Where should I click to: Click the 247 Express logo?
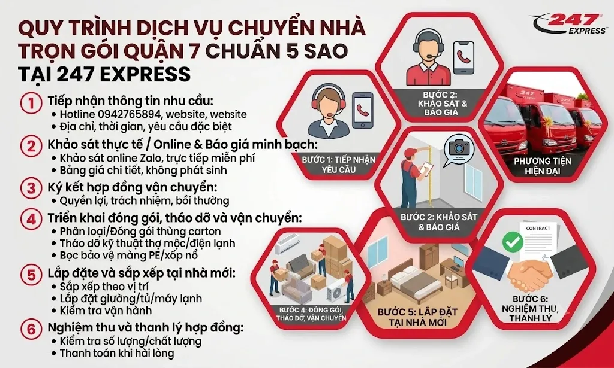[568, 23]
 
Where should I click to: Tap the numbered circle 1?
[31, 104]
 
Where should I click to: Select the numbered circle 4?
[31, 219]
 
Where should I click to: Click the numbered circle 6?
[31, 329]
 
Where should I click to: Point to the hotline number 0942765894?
[130, 114]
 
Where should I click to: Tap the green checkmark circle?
[513, 242]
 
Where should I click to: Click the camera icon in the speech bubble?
[456, 148]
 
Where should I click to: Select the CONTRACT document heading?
[538, 228]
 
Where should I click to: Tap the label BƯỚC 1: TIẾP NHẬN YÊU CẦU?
[339, 165]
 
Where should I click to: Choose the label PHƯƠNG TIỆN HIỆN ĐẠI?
[542, 166]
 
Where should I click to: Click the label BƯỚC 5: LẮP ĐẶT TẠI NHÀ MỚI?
[417, 318]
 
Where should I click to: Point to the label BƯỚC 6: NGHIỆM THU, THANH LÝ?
[530, 309]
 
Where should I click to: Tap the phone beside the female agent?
[363, 110]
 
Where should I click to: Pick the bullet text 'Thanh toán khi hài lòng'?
[117, 354]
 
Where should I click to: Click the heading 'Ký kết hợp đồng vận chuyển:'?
[133, 187]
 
